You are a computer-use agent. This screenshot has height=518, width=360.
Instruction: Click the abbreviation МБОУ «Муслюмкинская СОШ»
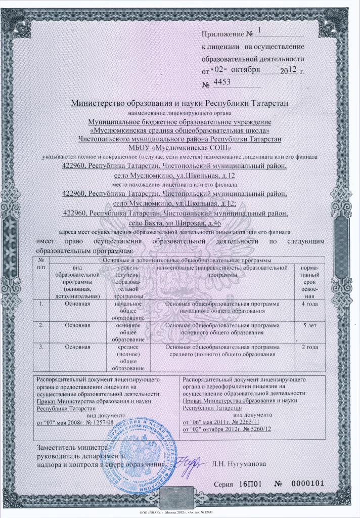(179, 148)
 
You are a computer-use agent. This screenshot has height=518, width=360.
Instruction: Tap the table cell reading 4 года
(309, 304)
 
